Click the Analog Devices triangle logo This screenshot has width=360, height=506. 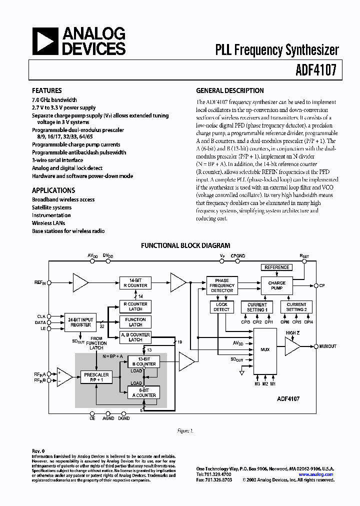(x=45, y=41)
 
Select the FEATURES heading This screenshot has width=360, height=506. (x=46, y=91)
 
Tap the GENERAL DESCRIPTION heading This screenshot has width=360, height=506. (x=229, y=91)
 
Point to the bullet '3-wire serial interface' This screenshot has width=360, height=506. (x=57, y=160)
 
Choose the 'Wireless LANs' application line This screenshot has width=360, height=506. (x=48, y=223)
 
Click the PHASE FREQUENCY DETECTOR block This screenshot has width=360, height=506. (x=221, y=285)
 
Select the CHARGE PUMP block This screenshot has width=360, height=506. (x=276, y=285)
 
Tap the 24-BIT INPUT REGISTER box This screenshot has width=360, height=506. (x=80, y=322)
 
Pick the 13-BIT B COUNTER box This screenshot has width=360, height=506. (x=143, y=361)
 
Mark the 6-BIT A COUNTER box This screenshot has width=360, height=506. (x=143, y=392)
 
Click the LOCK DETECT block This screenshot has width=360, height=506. (x=221, y=307)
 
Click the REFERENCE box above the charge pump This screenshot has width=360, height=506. (x=276, y=267)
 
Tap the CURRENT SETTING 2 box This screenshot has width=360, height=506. (x=296, y=307)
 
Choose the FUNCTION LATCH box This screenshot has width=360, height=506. (x=135, y=322)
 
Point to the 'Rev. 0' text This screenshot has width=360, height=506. (x=38, y=451)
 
